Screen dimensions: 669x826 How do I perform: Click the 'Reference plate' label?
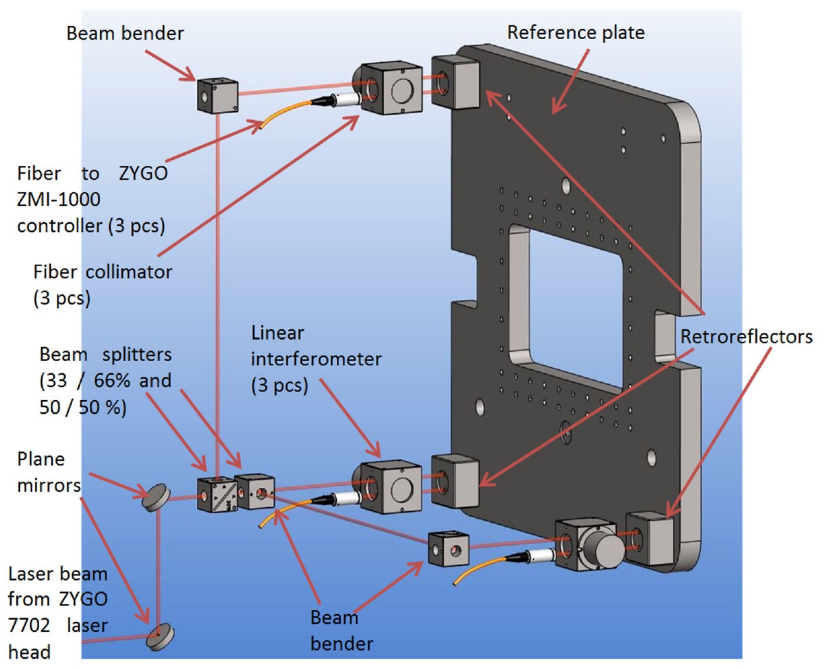576,32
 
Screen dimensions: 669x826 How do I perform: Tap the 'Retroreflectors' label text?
747,337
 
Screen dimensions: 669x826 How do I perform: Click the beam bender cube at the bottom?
448,548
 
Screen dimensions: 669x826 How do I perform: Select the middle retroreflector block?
453,481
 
